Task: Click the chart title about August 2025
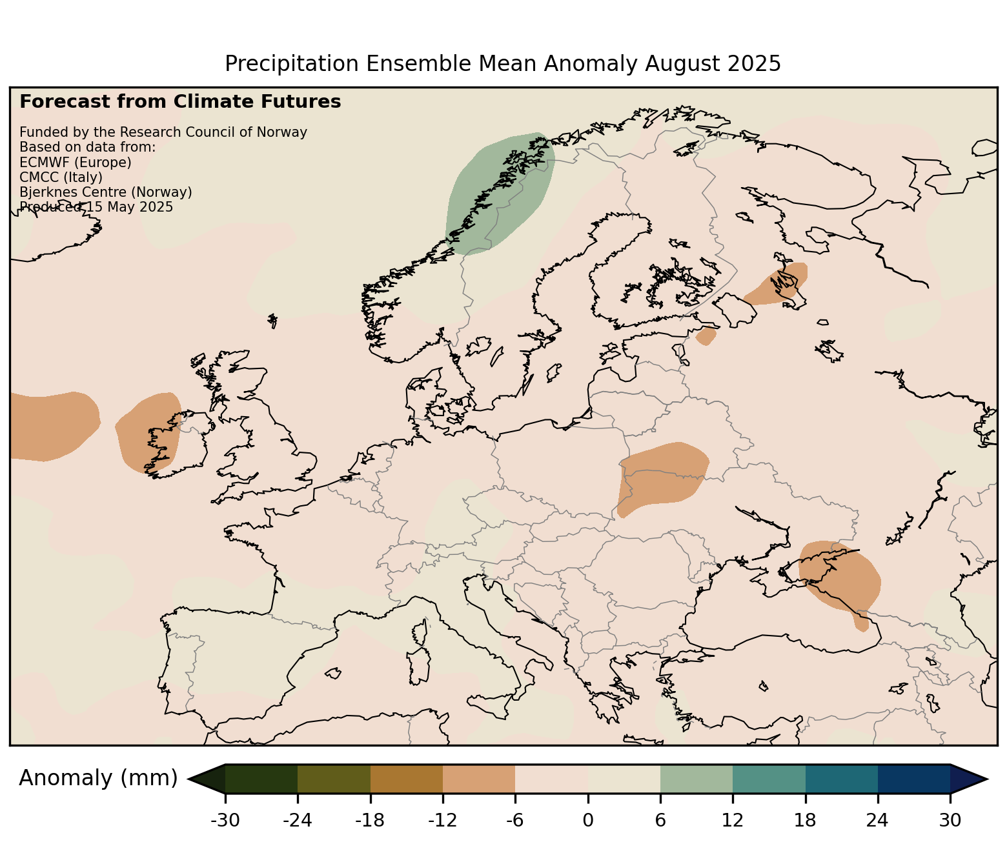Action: click(x=503, y=64)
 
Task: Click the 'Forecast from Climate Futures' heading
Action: click(x=180, y=102)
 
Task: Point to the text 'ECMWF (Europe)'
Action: click(x=76, y=162)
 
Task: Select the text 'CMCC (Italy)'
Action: click(x=61, y=177)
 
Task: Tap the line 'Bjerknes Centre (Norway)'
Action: click(x=106, y=192)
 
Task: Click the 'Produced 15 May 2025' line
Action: click(x=96, y=207)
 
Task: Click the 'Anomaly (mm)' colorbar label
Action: click(x=98, y=778)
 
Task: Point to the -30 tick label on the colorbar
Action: click(x=225, y=821)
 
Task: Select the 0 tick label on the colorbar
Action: click(x=587, y=821)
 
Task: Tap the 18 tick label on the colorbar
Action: click(x=805, y=821)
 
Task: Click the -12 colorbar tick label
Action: click(x=443, y=821)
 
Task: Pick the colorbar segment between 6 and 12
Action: click(x=697, y=779)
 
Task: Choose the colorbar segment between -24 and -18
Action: click(x=334, y=779)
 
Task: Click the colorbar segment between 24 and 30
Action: click(x=913, y=779)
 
